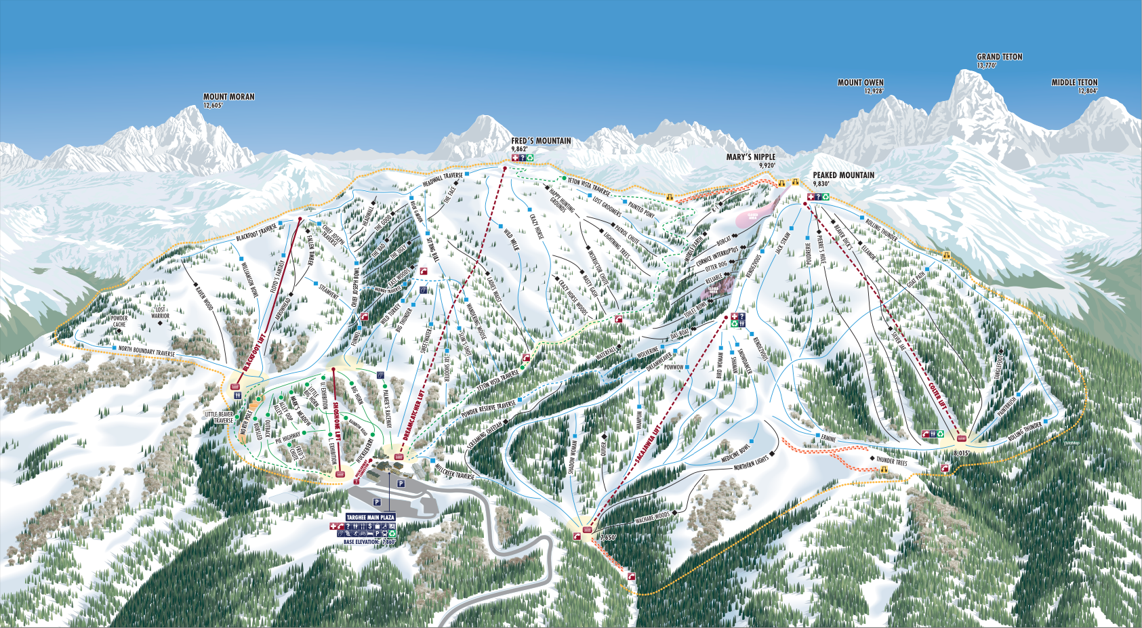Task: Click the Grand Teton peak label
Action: coord(999,57)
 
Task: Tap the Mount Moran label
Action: coord(229,97)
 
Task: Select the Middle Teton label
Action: coord(1074,83)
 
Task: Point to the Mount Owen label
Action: coord(860,83)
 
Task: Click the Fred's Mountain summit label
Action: coord(541,141)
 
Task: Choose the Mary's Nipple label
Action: coord(750,157)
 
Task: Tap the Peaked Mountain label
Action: coord(843,175)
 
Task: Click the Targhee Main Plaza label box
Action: coord(370,517)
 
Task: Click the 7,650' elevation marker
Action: coord(608,537)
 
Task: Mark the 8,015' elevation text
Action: coord(961,453)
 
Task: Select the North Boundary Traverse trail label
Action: coord(146,351)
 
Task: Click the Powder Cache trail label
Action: coord(119,321)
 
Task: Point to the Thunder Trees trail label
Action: coord(891,461)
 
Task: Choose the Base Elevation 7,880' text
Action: coord(369,542)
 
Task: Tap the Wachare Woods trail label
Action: coord(652,519)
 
